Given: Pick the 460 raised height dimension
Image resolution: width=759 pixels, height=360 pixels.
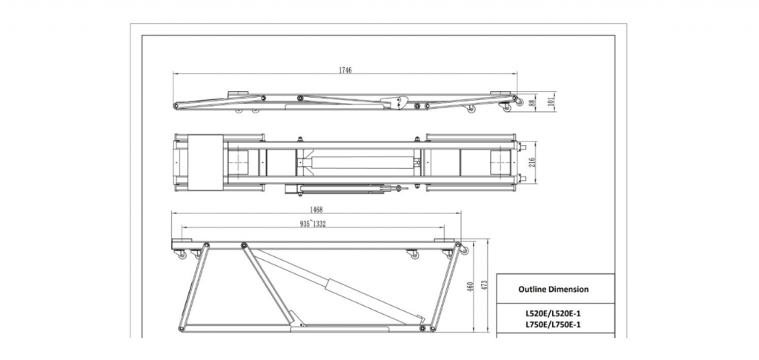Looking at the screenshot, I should pos(469,286).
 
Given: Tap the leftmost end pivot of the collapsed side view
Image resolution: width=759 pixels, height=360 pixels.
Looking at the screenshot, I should pos(177,106).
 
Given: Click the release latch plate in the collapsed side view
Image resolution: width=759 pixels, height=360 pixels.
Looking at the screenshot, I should pos(393,104).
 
